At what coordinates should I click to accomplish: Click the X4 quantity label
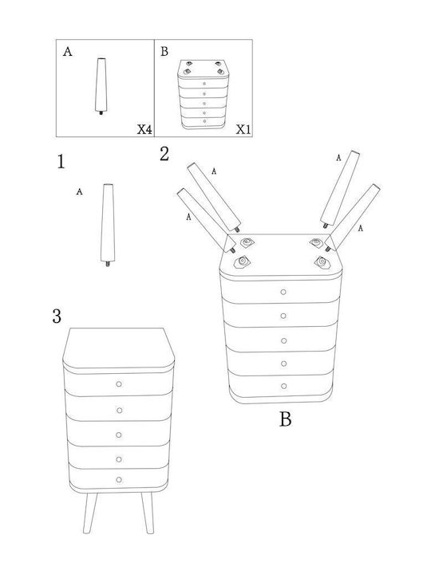[x=144, y=129]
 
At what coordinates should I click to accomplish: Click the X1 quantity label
[x=243, y=129]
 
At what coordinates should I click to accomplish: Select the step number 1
[x=61, y=161]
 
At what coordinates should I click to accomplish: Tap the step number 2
[x=164, y=154]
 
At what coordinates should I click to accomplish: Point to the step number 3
[x=57, y=316]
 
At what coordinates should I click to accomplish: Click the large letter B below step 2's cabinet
[x=286, y=419]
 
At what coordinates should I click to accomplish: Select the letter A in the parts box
[x=67, y=52]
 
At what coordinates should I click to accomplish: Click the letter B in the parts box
[x=164, y=52]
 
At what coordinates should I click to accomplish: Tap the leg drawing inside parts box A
[x=101, y=86]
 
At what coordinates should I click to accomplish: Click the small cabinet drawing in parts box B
[x=204, y=94]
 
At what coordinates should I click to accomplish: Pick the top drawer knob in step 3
[x=119, y=383]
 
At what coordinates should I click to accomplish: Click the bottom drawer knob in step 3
[x=119, y=480]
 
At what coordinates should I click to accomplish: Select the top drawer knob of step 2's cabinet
[x=283, y=292]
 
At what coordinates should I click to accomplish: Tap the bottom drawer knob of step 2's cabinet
[x=283, y=386]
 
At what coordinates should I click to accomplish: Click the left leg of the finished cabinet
[x=89, y=513]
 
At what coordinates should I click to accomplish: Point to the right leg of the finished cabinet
[x=148, y=513]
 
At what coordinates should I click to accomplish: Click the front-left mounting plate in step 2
[x=242, y=261]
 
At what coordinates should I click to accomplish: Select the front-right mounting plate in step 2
[x=322, y=261]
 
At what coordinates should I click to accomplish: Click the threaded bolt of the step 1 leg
[x=108, y=264]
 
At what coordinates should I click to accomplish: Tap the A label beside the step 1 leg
[x=79, y=191]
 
